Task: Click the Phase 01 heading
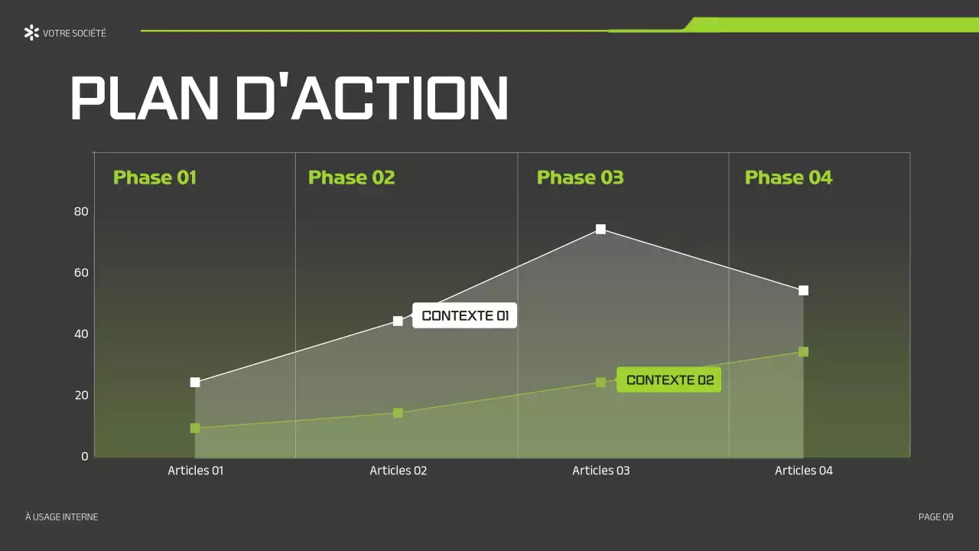coord(154,178)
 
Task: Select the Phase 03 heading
coord(580,178)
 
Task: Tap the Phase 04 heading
coord(788,178)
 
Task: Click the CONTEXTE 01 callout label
coord(465,315)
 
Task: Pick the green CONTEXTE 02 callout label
coord(669,380)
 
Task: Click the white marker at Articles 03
coord(600,229)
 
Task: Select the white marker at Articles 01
coord(195,382)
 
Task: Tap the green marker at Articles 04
coord(803,351)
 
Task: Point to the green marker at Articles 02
coord(398,412)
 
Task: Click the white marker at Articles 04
coord(803,290)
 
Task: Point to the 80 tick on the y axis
coord(81,211)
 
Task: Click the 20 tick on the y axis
coord(81,395)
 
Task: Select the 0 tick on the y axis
coord(85,456)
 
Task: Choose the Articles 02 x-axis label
coord(398,471)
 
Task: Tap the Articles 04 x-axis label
coord(803,471)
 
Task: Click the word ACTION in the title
coord(371,98)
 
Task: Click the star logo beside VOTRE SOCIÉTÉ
coord(31,32)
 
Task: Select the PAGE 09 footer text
coord(935,517)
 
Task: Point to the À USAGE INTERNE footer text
coord(61,517)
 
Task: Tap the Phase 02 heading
coord(351,178)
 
